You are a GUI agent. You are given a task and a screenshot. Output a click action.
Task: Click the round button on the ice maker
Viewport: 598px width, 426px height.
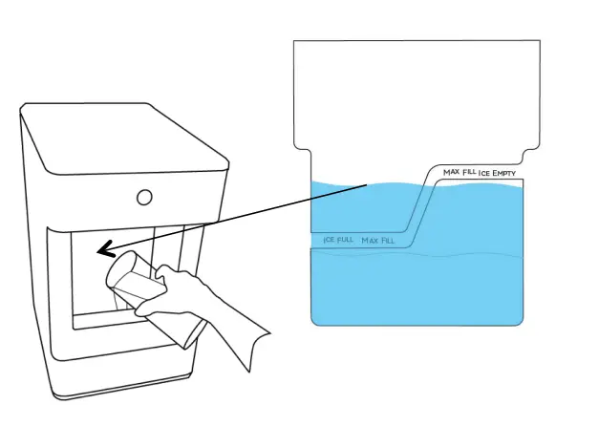pos(144,198)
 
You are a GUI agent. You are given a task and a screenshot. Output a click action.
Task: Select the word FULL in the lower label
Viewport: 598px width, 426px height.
pos(344,240)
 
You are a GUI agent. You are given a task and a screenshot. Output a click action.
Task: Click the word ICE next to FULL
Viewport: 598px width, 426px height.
pos(330,240)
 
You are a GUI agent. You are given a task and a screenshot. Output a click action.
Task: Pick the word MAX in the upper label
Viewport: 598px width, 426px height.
pos(452,172)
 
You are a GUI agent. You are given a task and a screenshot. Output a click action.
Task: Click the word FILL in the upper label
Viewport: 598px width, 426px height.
pos(469,172)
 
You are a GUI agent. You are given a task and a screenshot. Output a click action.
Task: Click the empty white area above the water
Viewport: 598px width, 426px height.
pos(411,96)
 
